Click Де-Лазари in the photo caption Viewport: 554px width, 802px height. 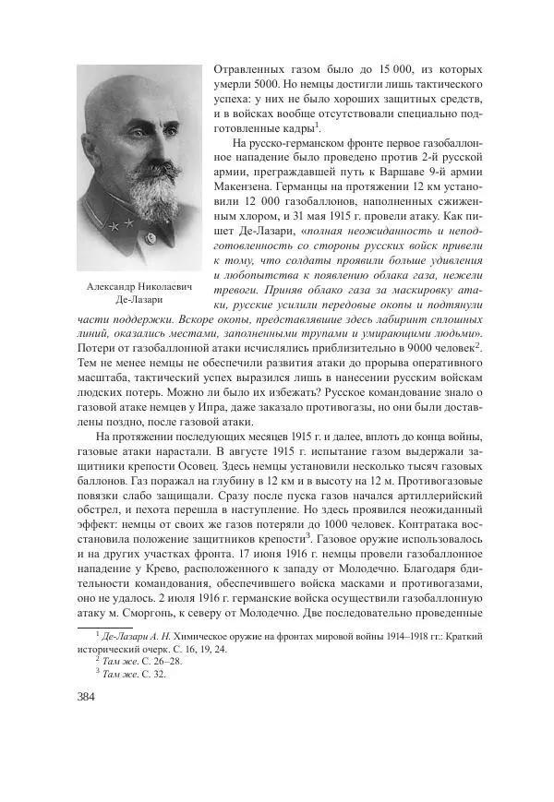click(x=138, y=300)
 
